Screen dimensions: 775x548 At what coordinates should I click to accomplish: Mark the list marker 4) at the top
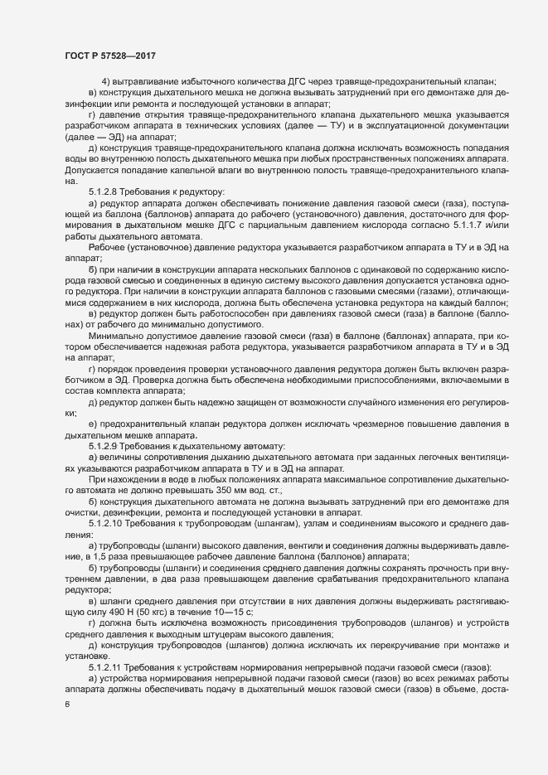click(106, 81)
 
